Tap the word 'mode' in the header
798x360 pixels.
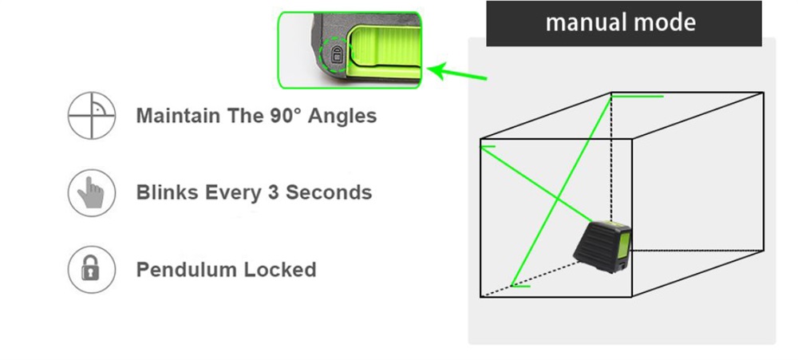(664, 22)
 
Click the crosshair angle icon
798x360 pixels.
(92, 116)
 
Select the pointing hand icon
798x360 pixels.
(92, 192)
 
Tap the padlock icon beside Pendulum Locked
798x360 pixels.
(92, 270)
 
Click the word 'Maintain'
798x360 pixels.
(178, 116)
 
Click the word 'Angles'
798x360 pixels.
(342, 117)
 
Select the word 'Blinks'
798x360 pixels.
(168, 192)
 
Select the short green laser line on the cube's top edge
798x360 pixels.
(638, 97)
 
